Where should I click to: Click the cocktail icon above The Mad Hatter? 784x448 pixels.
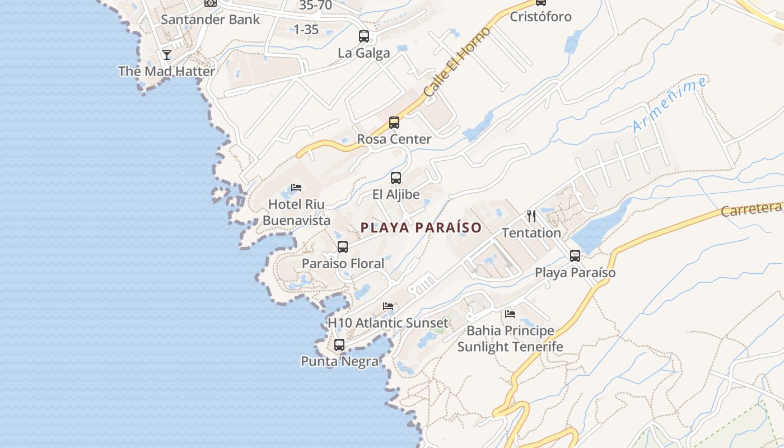(x=167, y=54)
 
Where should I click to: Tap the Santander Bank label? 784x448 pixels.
(x=210, y=20)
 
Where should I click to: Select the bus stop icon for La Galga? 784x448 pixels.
(x=364, y=36)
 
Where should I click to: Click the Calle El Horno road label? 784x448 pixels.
(x=457, y=62)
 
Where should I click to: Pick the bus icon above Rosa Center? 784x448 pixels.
(x=394, y=123)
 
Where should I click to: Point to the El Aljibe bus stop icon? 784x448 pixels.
(x=396, y=178)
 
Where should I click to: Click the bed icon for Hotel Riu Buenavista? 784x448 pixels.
(x=296, y=188)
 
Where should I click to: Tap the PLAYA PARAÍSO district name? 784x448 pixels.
(x=421, y=227)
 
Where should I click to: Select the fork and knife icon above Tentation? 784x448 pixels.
(x=531, y=216)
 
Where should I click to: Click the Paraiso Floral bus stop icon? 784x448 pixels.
(x=343, y=246)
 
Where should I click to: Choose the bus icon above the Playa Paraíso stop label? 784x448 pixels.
(x=575, y=256)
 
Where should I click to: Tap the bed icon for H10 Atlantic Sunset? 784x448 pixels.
(x=388, y=306)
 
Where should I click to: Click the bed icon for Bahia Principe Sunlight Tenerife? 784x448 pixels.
(x=510, y=314)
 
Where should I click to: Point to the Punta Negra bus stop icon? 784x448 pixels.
(x=339, y=345)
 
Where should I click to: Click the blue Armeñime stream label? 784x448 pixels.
(x=669, y=105)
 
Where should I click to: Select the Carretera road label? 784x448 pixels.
(x=752, y=209)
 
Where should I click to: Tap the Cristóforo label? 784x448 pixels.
(x=540, y=16)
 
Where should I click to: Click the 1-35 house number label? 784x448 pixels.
(x=306, y=29)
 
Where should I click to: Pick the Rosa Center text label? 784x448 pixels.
(x=394, y=139)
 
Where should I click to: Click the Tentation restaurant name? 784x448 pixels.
(x=531, y=232)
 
